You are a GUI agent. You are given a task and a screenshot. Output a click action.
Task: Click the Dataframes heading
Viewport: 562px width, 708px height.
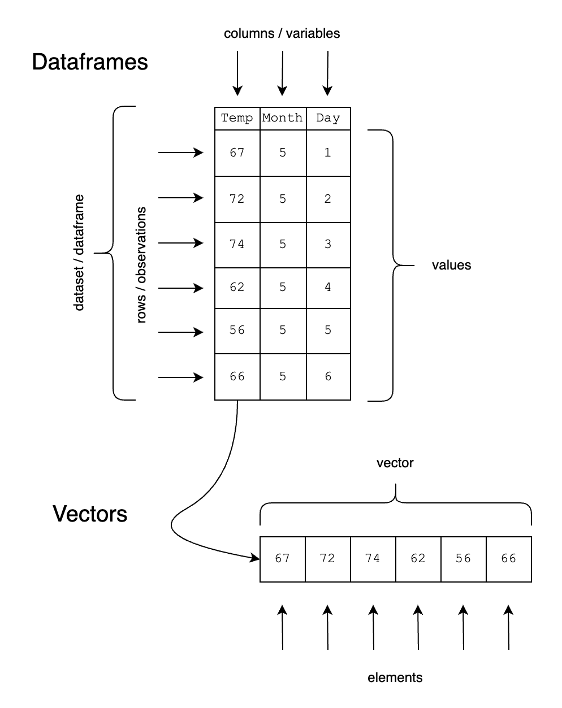[90, 62]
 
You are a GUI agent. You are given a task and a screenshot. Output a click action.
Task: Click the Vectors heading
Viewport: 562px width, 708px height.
[90, 514]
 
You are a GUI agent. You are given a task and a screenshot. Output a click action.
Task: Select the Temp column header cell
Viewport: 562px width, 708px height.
[237, 118]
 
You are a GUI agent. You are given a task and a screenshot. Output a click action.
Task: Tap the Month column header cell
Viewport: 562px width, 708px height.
[283, 118]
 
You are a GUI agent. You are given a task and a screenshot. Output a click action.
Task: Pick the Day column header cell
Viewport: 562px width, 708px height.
[328, 118]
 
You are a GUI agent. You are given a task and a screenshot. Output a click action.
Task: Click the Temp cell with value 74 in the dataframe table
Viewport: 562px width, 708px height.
[237, 244]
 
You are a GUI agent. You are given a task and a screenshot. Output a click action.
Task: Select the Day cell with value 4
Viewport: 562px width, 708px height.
[328, 287]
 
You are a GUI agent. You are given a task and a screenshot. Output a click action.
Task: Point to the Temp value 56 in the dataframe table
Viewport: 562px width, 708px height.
[237, 330]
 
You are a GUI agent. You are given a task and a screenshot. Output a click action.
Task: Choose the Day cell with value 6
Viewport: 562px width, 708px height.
[328, 376]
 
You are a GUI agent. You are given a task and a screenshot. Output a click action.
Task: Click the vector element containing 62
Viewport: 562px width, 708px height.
[418, 559]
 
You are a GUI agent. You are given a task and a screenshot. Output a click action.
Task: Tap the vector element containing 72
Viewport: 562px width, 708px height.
[327, 559]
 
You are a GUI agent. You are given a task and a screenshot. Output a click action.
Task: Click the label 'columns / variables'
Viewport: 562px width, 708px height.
[282, 33]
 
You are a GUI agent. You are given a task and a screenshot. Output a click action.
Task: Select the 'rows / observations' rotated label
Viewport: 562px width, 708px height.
[141, 265]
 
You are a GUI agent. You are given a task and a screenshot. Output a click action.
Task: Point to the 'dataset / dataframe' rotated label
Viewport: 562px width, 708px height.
[79, 253]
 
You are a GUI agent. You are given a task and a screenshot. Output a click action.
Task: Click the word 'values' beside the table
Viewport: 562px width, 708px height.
[451, 265]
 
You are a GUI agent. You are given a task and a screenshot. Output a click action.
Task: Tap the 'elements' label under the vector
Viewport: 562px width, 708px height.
[395, 677]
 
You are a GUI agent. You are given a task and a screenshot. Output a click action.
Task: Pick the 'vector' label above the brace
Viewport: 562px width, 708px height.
[395, 463]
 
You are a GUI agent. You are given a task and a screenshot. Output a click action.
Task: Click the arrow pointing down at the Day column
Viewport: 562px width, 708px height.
[327, 73]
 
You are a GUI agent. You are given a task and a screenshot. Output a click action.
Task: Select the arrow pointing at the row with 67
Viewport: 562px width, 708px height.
[180, 153]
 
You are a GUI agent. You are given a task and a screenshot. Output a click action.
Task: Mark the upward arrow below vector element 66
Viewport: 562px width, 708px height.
[508, 627]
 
